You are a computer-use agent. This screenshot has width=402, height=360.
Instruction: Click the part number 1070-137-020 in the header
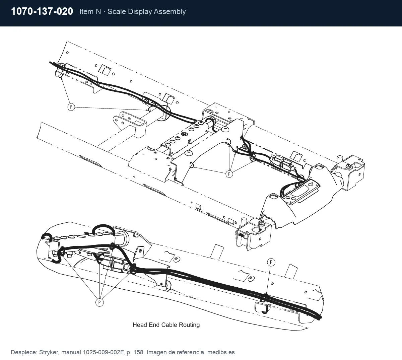point(42,11)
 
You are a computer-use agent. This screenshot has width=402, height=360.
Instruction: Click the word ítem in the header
point(86,11)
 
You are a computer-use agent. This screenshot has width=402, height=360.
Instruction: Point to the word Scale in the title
point(117,11)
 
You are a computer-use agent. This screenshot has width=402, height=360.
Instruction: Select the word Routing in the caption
point(189,325)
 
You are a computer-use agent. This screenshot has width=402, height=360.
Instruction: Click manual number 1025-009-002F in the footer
point(104,352)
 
